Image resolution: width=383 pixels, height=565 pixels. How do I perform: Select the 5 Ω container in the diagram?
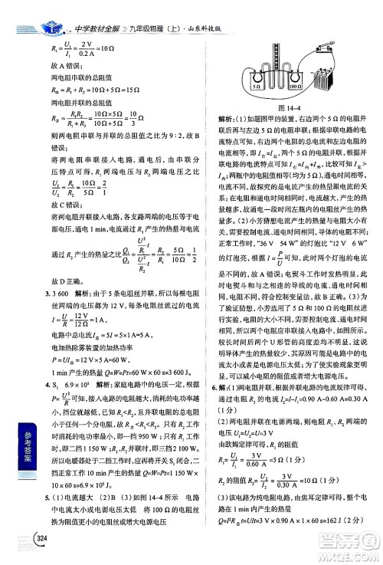[259, 84]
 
